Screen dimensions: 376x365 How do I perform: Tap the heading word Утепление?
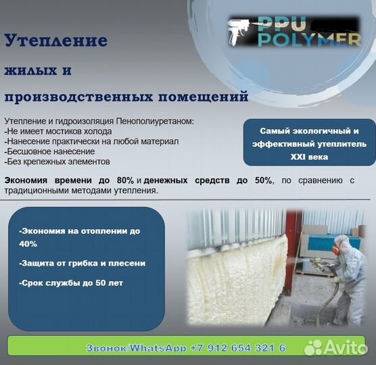click(x=56, y=41)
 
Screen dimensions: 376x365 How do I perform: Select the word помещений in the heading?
click(x=204, y=97)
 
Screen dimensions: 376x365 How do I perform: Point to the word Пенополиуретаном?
click(x=155, y=121)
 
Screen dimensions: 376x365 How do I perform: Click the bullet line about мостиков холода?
click(x=58, y=131)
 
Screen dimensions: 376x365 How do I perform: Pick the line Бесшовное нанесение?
click(x=49, y=151)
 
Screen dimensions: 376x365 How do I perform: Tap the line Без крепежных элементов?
click(x=57, y=162)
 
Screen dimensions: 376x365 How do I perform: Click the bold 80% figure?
click(x=125, y=180)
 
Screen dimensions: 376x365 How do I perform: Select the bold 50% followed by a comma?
click(x=264, y=180)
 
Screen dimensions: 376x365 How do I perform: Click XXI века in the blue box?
click(x=309, y=157)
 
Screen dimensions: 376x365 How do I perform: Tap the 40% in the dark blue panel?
click(x=28, y=244)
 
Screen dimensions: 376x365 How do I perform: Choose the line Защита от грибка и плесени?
click(x=83, y=264)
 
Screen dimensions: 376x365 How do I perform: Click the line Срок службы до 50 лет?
click(x=71, y=283)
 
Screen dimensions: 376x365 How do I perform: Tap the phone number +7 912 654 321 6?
click(x=238, y=347)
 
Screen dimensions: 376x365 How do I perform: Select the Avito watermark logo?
click(x=335, y=347)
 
